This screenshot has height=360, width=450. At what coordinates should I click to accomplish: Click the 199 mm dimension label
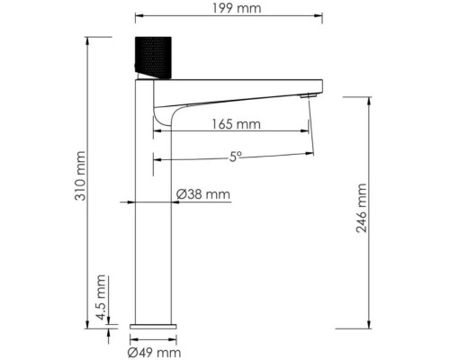[x=229, y=9]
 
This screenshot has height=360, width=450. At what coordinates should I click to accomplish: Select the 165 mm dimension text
[x=238, y=124]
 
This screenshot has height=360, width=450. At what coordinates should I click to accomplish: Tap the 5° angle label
[x=235, y=156]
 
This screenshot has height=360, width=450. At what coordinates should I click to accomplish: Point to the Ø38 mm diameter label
[x=203, y=194]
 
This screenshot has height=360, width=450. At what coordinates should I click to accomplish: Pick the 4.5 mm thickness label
[x=101, y=293]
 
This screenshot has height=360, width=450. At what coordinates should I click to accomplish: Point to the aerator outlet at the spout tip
[x=309, y=95]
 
